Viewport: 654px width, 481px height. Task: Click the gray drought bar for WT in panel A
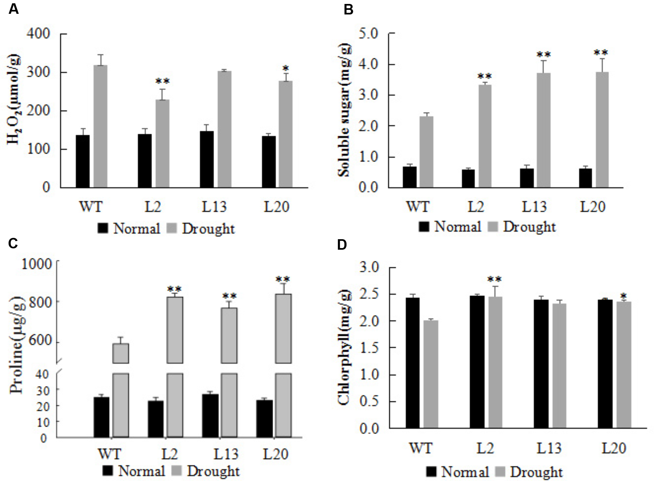[100, 126]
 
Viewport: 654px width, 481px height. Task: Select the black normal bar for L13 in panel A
[207, 159]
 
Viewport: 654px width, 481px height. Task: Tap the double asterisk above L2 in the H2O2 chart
[163, 81]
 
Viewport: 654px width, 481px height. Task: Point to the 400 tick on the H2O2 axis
[38, 34]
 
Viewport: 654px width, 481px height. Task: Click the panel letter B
[348, 10]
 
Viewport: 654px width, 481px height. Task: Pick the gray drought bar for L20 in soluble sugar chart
[602, 130]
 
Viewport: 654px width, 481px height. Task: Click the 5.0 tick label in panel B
[368, 34]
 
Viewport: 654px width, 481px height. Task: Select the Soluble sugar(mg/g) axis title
[344, 110]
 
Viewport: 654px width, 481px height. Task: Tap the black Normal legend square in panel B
[424, 227]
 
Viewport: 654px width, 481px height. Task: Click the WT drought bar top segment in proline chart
[120, 353]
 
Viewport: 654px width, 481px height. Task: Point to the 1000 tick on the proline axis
[36, 264]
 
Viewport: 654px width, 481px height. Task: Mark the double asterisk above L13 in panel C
[229, 296]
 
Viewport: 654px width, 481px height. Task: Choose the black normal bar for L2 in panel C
[156, 419]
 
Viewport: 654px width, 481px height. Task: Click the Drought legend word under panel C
[213, 471]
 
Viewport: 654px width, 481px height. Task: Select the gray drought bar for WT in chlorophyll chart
[431, 374]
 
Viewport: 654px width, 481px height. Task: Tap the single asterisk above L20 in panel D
[623, 296]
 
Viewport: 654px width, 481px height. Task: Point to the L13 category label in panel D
[549, 448]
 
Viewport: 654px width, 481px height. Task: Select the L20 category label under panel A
[276, 207]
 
